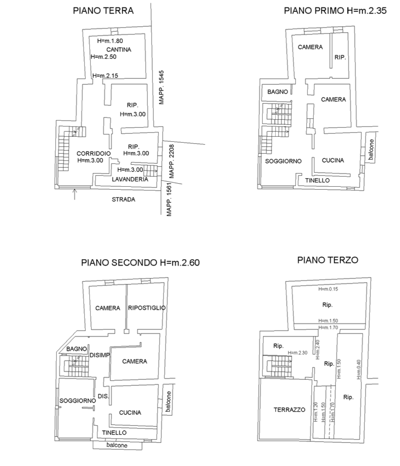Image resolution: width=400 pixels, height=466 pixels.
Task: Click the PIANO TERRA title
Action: pyautogui.click(x=103, y=11)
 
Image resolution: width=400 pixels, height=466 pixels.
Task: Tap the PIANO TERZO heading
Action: pyautogui.click(x=327, y=260)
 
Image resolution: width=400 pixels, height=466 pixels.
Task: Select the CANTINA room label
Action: pyautogui.click(x=119, y=50)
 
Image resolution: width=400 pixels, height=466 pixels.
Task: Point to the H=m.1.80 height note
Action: pyautogui.click(x=110, y=41)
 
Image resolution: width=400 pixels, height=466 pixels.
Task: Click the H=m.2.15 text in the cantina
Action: pyautogui.click(x=106, y=76)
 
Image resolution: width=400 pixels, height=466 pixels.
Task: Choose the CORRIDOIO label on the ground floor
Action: pyautogui.click(x=94, y=153)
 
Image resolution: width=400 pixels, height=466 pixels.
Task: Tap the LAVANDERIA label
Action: pyautogui.click(x=130, y=180)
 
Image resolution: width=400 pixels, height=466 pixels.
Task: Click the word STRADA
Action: pyautogui.click(x=124, y=199)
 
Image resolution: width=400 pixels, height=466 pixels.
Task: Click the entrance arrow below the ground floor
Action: pyautogui.click(x=75, y=194)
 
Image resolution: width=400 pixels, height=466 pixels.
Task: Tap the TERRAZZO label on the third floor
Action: pyautogui.click(x=289, y=410)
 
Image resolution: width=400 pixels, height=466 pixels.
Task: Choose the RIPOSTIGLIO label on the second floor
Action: pyautogui.click(x=146, y=308)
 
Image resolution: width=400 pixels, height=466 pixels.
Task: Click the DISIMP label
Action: pyautogui.click(x=100, y=355)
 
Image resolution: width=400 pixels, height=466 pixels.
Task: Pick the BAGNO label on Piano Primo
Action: pyautogui.click(x=278, y=92)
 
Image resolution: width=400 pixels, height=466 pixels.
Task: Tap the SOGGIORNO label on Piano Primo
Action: pyautogui.click(x=283, y=161)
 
